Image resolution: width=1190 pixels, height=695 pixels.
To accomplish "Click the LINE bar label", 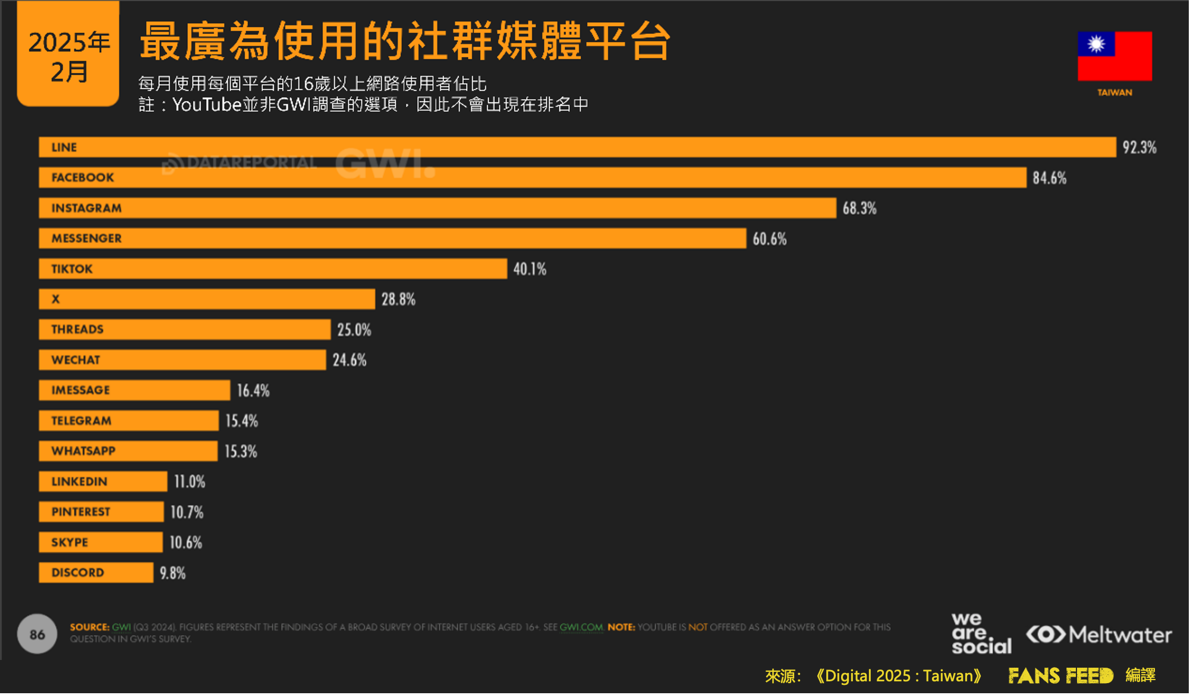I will point(64,147).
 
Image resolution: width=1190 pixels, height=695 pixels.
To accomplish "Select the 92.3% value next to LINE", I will point(1139,147).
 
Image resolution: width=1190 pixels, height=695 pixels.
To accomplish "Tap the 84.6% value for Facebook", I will point(1049,178).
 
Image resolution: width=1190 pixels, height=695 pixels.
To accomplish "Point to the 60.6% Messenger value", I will point(769,239).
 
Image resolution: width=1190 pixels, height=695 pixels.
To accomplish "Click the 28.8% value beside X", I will point(398,299).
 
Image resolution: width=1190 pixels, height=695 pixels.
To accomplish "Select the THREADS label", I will point(77,329).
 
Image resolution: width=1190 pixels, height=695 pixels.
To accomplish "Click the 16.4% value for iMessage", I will point(253,390).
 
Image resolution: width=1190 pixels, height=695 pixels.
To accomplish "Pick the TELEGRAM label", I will point(81,421).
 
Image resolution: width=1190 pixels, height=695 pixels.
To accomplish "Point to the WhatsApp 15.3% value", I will point(241,451).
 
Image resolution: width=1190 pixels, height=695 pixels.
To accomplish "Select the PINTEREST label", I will point(81,511).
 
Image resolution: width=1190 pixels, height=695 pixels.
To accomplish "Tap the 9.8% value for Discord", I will point(172,573).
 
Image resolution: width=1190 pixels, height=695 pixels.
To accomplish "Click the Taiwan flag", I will point(1115,56).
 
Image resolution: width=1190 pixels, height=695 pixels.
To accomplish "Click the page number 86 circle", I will point(37,634).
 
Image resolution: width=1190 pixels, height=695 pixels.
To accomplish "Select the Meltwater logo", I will point(1098,634).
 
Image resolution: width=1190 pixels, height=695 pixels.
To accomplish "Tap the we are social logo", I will point(981,634).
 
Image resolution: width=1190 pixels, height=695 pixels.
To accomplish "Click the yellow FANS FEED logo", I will point(1060,675).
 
